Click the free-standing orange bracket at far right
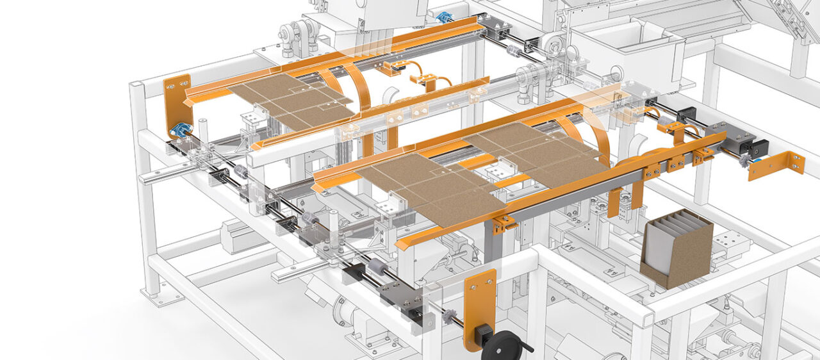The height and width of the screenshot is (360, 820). [x=776, y=165]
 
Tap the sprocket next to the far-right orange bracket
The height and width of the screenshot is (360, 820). [x=744, y=161]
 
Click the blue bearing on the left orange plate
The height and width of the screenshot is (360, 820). [x=179, y=129]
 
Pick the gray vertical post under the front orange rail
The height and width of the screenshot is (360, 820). [x=490, y=247]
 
